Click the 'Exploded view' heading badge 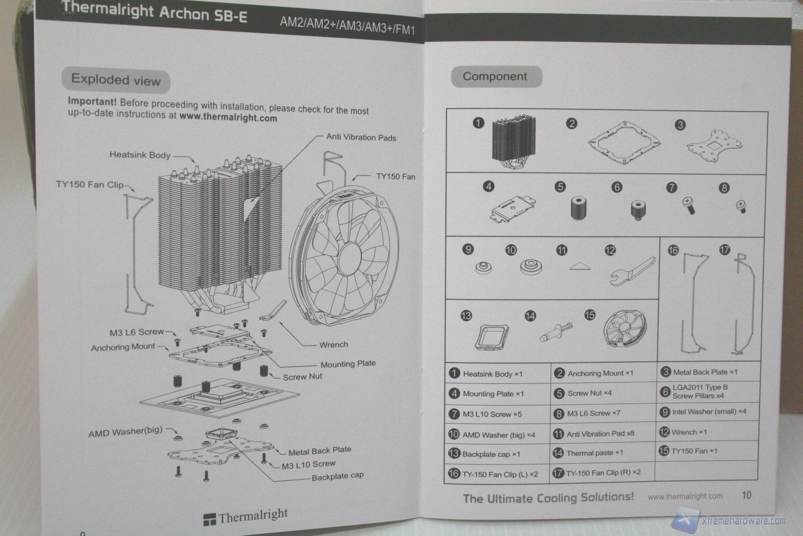click(116, 80)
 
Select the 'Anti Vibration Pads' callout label click(361, 137)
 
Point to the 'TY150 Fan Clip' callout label click(90, 184)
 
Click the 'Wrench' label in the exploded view click(333, 344)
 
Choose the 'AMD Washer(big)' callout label click(125, 432)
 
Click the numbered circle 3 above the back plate click(680, 125)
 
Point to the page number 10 click(746, 495)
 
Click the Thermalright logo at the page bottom click(246, 516)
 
